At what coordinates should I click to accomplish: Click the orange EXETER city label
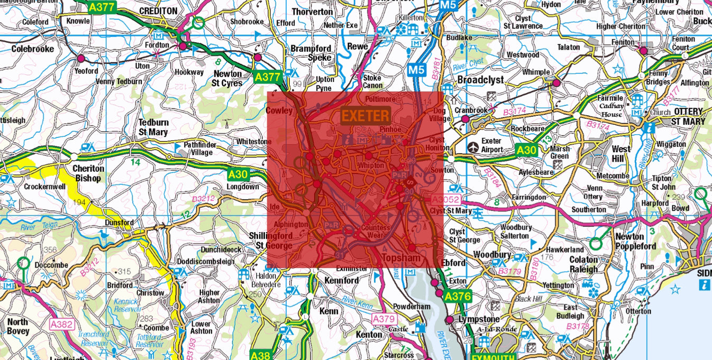pos(366,115)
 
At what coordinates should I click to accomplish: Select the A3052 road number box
pos(446,200)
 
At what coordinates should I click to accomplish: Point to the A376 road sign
pos(457,297)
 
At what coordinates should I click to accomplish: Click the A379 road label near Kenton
pos(384,319)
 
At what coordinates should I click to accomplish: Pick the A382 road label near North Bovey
pos(61,324)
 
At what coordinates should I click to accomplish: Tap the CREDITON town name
pos(158,11)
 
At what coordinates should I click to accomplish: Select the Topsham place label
pos(400,258)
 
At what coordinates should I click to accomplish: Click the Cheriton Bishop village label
pos(88,173)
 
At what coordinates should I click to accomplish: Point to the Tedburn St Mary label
pos(153,127)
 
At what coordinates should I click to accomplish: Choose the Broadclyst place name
pos(480,79)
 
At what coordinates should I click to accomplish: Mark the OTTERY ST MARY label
pos(689,116)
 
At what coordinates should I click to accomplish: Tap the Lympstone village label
pos(478,319)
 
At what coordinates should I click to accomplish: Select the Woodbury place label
pos(490,254)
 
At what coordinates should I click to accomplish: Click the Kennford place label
pos(341,280)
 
